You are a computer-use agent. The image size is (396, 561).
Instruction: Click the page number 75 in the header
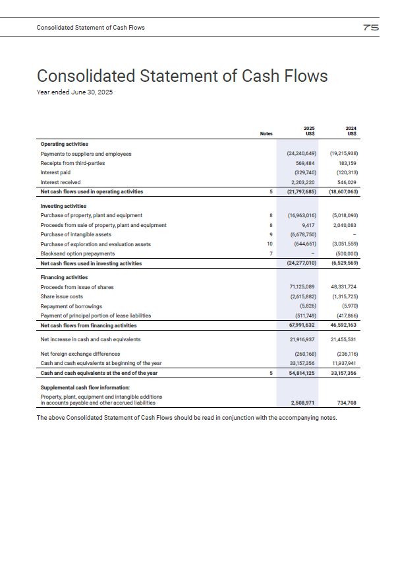pyautogui.click(x=370, y=28)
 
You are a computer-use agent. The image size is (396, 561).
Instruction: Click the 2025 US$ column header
pyautogui.click(x=308, y=131)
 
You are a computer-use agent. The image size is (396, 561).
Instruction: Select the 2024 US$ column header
pyautogui.click(x=351, y=131)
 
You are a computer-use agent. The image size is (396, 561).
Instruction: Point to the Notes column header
pyautogui.click(x=266, y=134)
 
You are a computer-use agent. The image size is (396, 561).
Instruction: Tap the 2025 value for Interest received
pyautogui.click(x=303, y=182)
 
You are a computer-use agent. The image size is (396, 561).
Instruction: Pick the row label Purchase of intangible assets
pyautogui.click(x=76, y=234)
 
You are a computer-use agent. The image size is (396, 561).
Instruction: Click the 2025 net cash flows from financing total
pyautogui.click(x=302, y=325)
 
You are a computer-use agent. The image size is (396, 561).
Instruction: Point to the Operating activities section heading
pyautogui.click(x=65, y=144)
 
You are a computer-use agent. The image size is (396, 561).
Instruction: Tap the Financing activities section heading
pyautogui.click(x=64, y=278)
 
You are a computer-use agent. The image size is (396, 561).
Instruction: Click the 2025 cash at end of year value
pyautogui.click(x=302, y=374)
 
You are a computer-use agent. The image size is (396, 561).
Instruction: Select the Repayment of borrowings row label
pyautogui.click(x=71, y=306)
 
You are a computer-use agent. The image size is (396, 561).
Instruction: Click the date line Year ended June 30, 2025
pyautogui.click(x=74, y=92)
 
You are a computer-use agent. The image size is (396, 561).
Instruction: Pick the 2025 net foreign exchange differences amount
pyautogui.click(x=303, y=354)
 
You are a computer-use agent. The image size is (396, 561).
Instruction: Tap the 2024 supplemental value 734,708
pyautogui.click(x=347, y=402)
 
